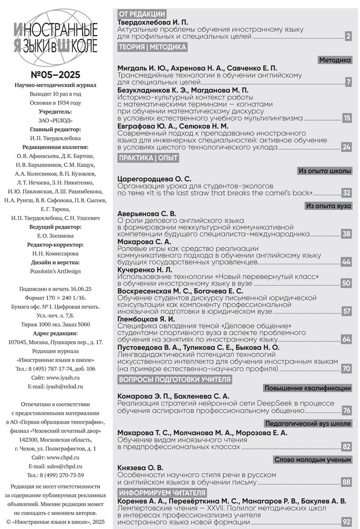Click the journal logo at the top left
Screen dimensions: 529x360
pos(56,37)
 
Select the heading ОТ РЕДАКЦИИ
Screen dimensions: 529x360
pos(142,14)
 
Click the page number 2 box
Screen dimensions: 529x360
pos(348,37)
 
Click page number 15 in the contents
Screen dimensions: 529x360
pos(347,118)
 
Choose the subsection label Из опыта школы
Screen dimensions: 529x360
pos(325,171)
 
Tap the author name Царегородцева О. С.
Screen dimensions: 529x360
pos(155,179)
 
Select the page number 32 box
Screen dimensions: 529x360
pos(347,193)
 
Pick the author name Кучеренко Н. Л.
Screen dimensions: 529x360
pos(145,269)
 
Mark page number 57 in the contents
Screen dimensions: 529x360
pos(347,311)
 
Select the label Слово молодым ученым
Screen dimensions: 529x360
pos(313,460)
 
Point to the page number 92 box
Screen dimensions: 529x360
pos(347,522)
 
